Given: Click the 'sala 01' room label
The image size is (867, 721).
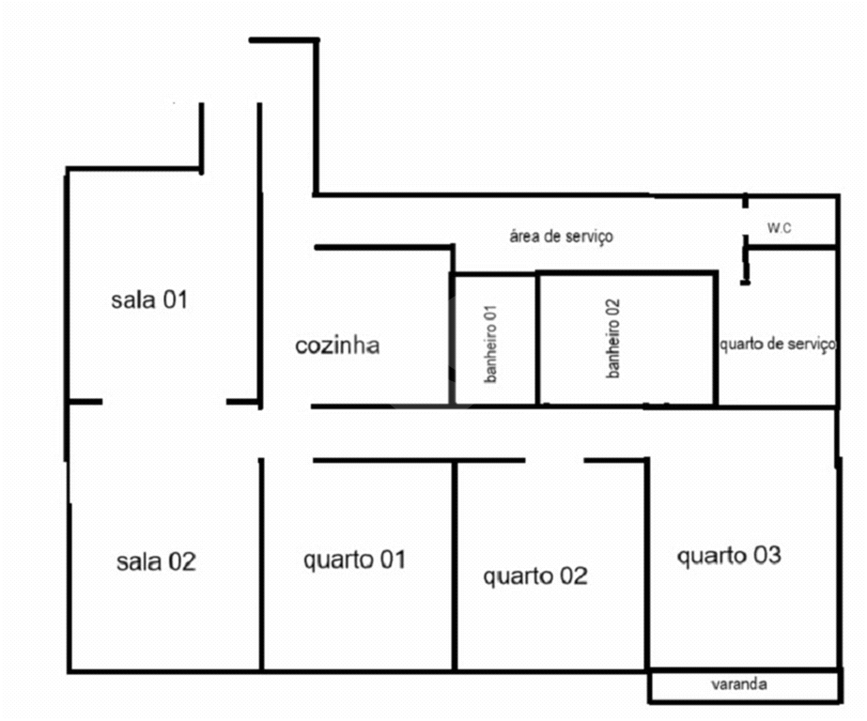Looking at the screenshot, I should (x=150, y=300).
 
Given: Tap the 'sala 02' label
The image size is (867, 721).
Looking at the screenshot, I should (x=156, y=562).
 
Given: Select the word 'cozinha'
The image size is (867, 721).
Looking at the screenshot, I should (x=337, y=345).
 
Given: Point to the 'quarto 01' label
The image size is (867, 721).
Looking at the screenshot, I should (x=354, y=560).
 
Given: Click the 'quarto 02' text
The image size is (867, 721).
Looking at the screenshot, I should (x=535, y=576).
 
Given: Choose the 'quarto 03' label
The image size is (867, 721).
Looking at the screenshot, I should (x=729, y=556).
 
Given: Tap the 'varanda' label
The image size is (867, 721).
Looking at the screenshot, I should (x=739, y=685).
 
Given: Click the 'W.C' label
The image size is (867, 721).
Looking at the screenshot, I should (x=779, y=228).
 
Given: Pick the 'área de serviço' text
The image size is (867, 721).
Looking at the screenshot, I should (x=561, y=237).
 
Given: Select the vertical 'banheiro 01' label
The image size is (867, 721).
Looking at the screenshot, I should (x=491, y=342).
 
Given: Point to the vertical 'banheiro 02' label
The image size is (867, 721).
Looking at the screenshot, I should (x=613, y=338).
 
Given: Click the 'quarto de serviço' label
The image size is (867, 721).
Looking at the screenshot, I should (x=778, y=345).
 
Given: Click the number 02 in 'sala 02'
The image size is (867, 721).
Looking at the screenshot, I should (x=181, y=562).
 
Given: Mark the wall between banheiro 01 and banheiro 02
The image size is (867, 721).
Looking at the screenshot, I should (x=537, y=338).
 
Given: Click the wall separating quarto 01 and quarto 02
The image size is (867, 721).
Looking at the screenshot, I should (x=455, y=563).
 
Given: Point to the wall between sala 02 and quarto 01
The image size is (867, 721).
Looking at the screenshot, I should (x=261, y=563).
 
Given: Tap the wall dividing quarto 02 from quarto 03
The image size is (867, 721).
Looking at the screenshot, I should (x=647, y=563).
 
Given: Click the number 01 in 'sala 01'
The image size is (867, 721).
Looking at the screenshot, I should (x=176, y=300).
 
